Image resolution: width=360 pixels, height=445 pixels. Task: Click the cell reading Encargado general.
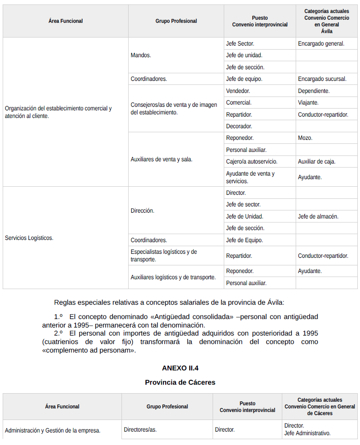321,44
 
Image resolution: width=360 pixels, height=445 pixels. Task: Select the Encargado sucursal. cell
322,79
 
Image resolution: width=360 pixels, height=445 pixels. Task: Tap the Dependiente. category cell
314,91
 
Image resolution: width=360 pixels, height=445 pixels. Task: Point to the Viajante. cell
308,103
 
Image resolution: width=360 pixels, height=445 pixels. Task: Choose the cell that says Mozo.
305,138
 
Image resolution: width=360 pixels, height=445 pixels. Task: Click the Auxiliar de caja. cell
317,162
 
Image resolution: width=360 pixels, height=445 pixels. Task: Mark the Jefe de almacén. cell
318,217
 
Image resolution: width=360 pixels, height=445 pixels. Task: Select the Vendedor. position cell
238,91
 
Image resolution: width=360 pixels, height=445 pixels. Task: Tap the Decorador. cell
239,126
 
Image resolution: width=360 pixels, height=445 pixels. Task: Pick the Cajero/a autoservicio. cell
251,162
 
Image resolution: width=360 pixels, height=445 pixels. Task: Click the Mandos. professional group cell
141,55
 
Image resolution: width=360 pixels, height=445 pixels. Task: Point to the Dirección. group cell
142,210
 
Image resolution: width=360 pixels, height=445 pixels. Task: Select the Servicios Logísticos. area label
29,238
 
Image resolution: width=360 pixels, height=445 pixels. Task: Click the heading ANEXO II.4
180,369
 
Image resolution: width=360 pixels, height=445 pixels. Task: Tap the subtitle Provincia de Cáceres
180,382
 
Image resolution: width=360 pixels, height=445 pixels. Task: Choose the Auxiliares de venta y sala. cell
161,160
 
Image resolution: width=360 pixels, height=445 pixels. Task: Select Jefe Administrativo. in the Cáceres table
307,433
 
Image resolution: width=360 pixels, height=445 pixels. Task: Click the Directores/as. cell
140,430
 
